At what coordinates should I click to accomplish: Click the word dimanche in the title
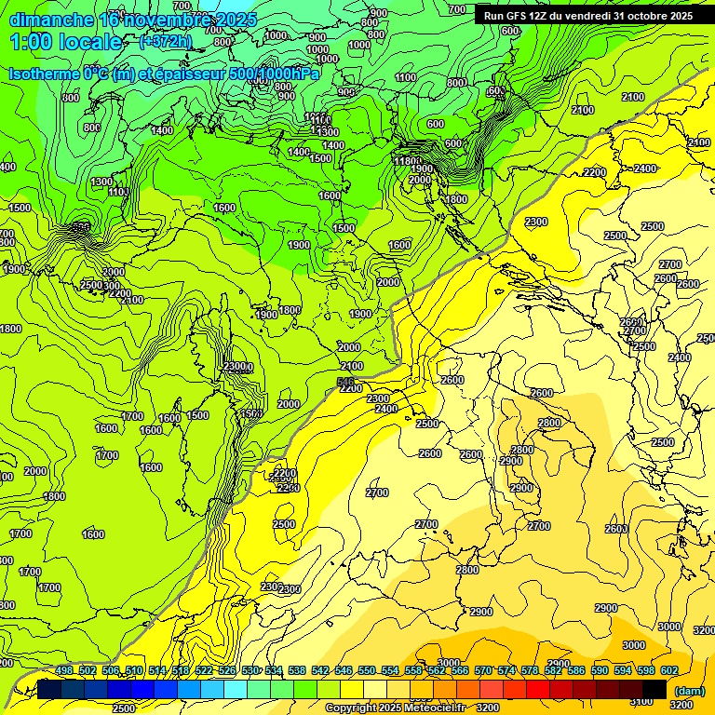click(52, 20)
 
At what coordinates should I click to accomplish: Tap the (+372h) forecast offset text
click(165, 42)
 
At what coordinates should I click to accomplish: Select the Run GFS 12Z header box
click(587, 16)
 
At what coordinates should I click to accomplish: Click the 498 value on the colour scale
click(64, 670)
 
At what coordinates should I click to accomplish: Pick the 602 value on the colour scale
click(668, 670)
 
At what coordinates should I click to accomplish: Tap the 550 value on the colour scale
click(367, 670)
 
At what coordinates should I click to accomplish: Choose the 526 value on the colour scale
click(227, 670)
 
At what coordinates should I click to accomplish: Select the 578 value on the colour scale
click(530, 670)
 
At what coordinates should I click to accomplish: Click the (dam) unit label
click(688, 691)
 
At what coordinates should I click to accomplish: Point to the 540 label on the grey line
click(345, 382)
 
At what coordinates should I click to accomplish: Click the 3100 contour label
click(641, 700)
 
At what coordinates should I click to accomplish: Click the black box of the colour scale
click(654, 689)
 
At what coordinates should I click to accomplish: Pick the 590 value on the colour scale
click(600, 670)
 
